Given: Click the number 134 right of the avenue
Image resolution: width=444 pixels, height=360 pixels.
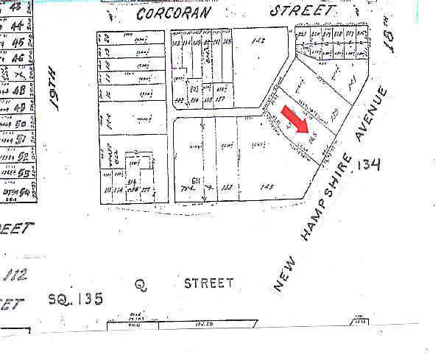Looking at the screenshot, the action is pyautogui.click(x=367, y=165).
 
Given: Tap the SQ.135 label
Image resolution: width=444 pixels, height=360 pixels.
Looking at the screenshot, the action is pyautogui.click(x=75, y=299).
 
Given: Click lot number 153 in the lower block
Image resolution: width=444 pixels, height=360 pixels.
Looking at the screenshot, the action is pyautogui.click(x=226, y=187).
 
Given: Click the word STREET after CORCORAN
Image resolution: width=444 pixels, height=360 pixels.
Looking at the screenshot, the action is pyautogui.click(x=302, y=11).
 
